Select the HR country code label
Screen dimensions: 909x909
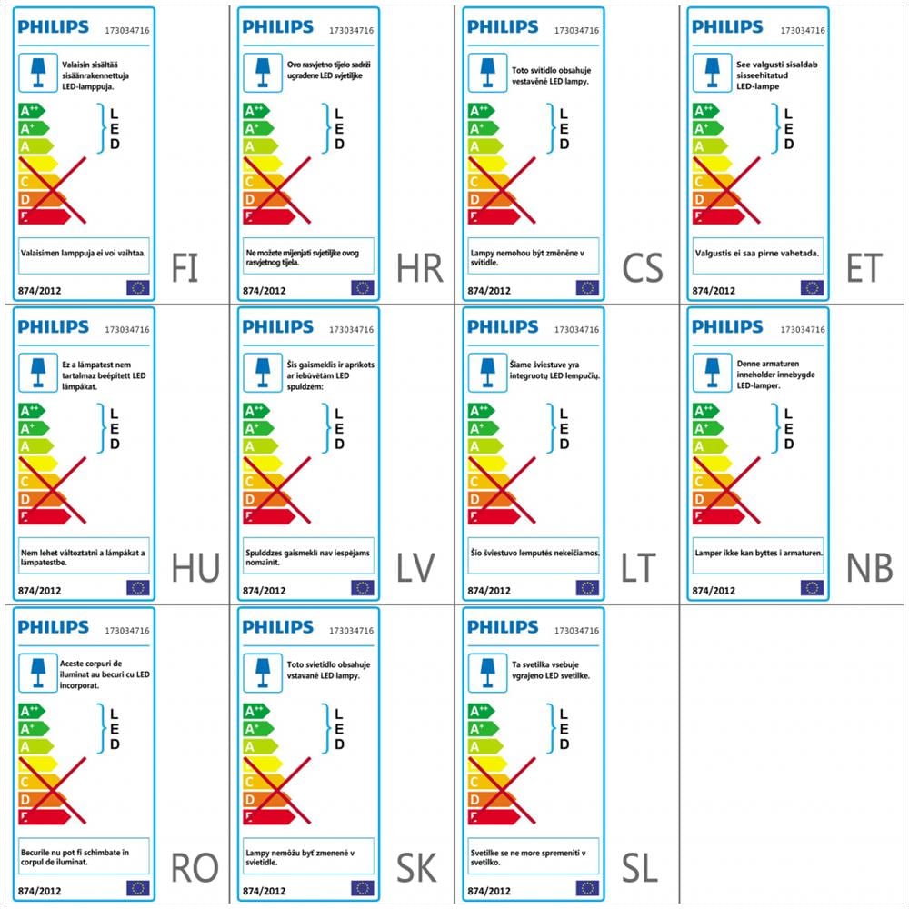tap(419, 268)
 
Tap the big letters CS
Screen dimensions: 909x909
tap(643, 268)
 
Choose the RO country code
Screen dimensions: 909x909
tap(195, 868)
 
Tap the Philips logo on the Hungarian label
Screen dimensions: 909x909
tap(54, 327)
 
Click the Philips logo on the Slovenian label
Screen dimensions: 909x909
tap(503, 628)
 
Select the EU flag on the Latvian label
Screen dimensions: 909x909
tap(362, 588)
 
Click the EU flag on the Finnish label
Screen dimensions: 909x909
tap(137, 288)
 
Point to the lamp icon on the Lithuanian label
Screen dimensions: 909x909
tap(485, 372)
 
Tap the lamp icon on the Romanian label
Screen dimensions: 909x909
tap(37, 673)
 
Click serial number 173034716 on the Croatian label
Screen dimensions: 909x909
tap(351, 30)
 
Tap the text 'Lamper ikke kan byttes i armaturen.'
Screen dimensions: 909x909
tap(758, 553)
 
